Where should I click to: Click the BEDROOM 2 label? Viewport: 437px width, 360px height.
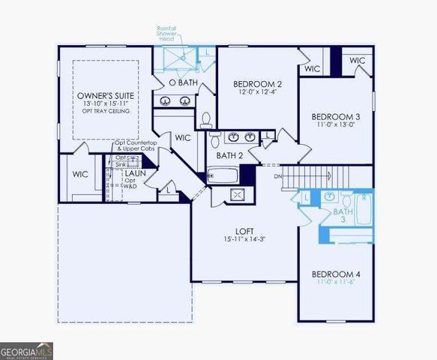point(257,83)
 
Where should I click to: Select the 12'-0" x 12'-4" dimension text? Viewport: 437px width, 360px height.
point(257,91)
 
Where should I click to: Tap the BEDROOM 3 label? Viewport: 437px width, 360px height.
point(336,117)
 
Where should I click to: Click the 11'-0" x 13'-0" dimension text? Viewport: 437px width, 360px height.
point(336,126)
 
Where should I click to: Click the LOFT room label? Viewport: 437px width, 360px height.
point(244,232)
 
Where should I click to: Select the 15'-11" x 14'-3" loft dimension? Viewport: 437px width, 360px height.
point(244,241)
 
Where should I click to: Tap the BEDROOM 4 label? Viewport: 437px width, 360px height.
point(336,274)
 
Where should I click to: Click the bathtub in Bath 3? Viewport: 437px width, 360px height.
point(364,209)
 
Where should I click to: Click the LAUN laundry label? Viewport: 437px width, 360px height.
point(136,173)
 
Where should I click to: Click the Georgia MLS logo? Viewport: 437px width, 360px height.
point(26,350)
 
